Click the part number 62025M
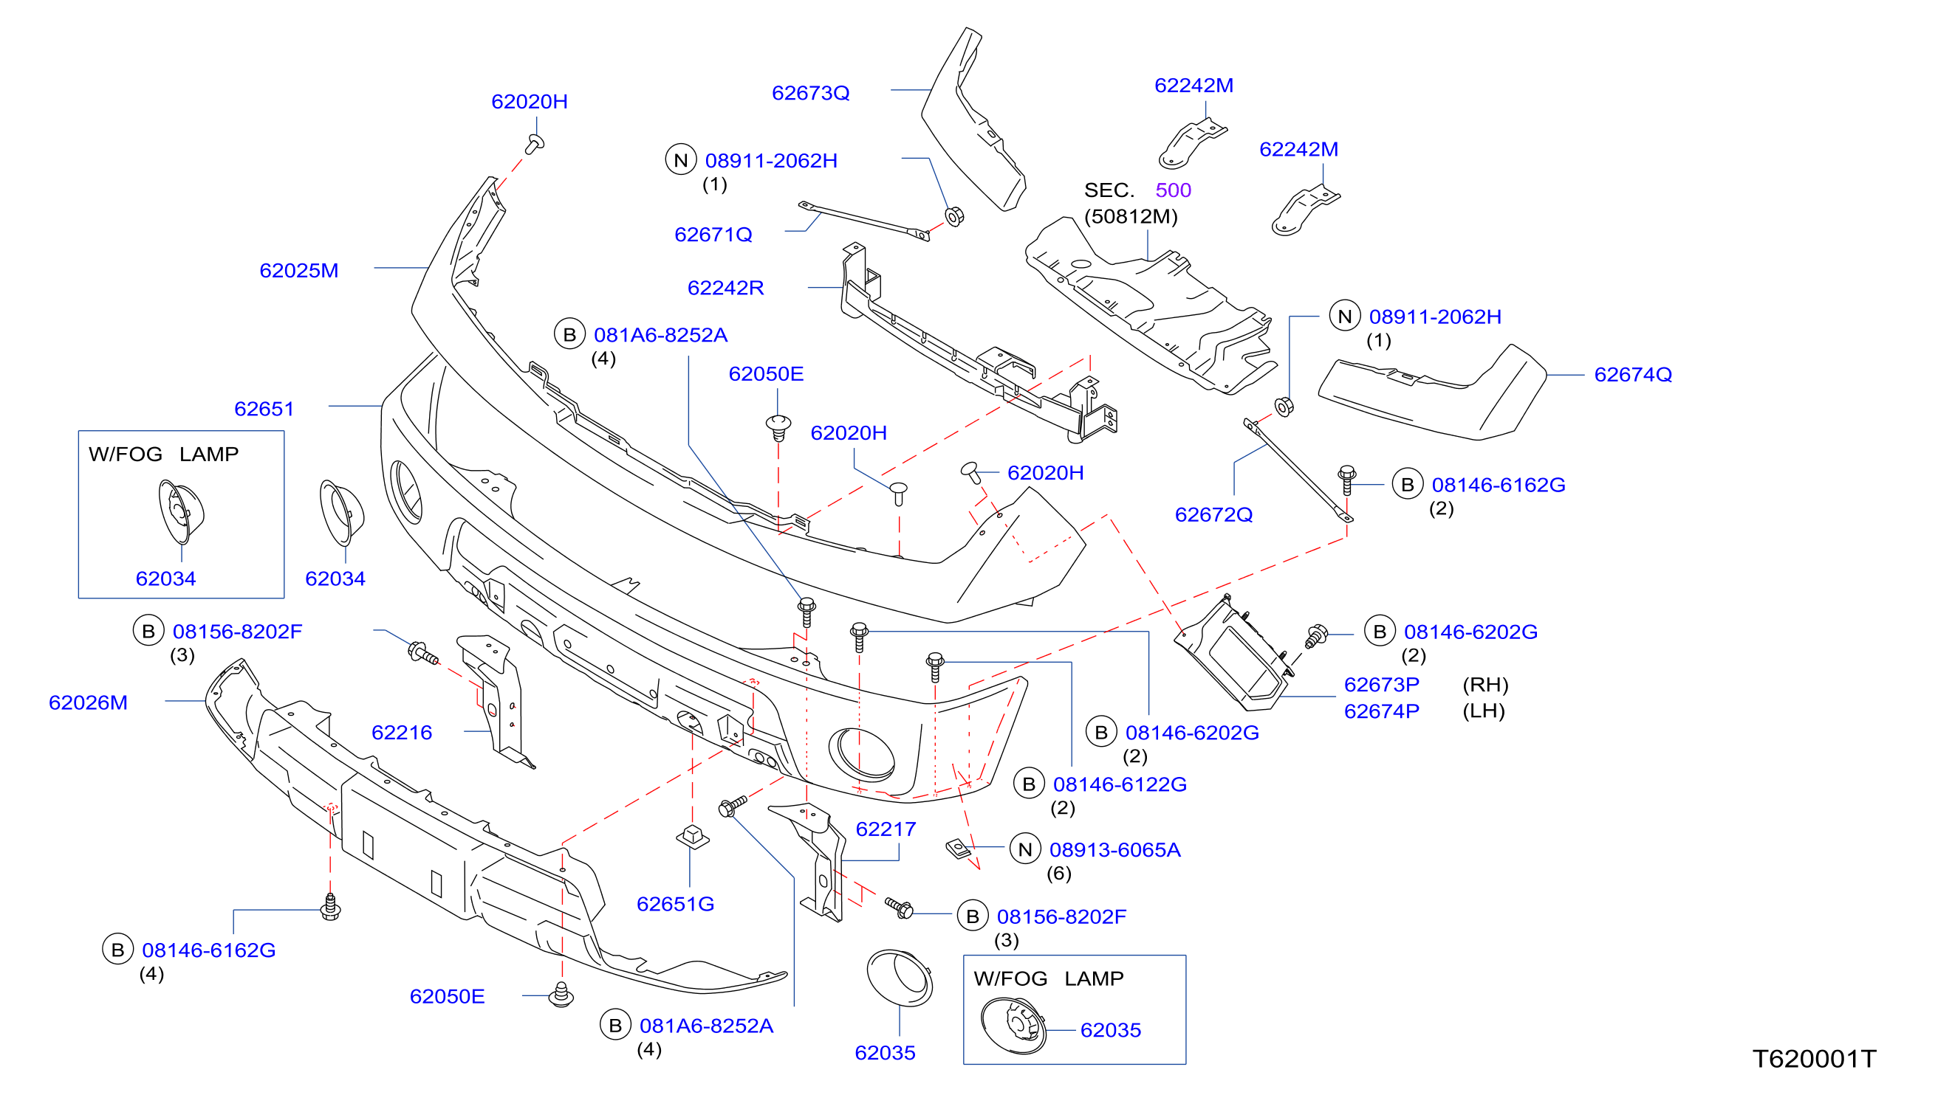point(298,270)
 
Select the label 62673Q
point(810,92)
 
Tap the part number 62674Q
point(1632,374)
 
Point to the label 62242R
point(725,288)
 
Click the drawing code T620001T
point(1813,1058)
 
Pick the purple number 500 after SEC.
point(1173,190)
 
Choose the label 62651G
point(675,903)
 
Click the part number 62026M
point(88,702)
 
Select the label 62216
point(402,732)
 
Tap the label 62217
point(885,829)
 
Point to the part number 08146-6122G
point(1119,784)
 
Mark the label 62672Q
point(1213,514)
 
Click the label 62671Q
point(713,234)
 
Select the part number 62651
point(264,409)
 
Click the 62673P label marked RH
point(1380,685)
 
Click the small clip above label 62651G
point(692,837)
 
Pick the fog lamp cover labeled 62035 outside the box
point(900,978)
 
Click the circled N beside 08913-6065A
point(1024,849)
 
